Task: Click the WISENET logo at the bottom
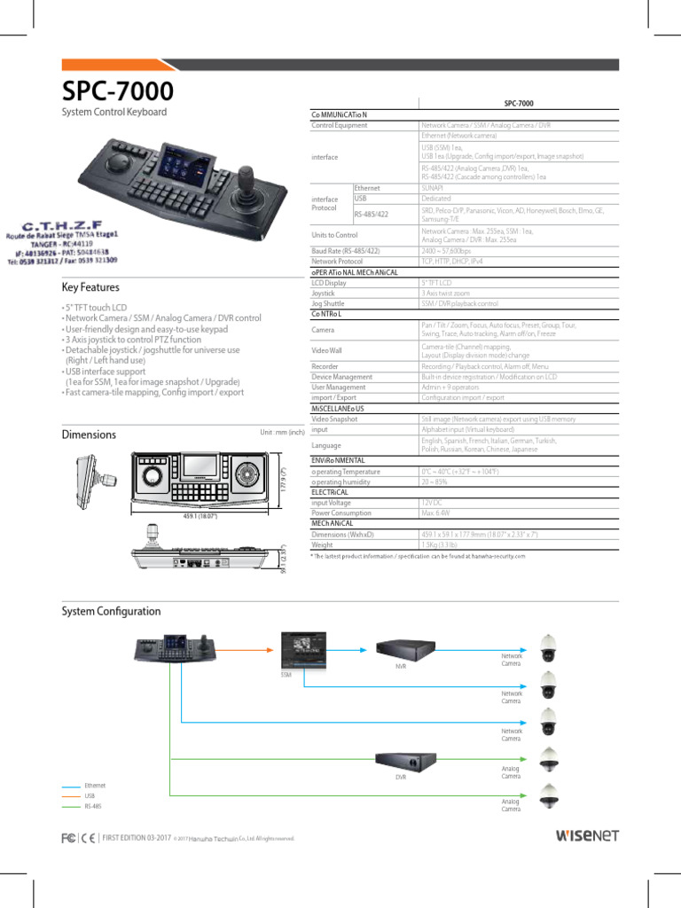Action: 587,835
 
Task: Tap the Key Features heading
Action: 90,287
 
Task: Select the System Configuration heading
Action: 111,611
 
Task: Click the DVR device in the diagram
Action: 406,761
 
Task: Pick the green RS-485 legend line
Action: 71,807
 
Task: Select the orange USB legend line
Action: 71,796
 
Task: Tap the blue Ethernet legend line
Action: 71,786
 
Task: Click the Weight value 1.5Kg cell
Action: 440,545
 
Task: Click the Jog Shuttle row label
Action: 328,303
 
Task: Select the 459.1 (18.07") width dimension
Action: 200,515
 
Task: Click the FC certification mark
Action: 67,837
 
